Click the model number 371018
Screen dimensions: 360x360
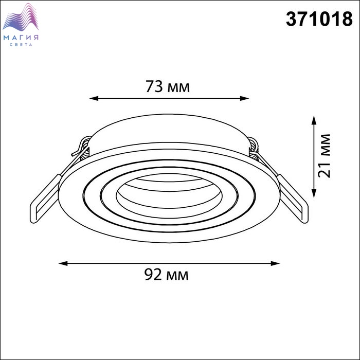(x=319, y=19)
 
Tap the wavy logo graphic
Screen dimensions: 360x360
(x=21, y=17)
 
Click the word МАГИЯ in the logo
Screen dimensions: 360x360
(x=21, y=38)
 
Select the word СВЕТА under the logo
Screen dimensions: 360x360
(x=21, y=44)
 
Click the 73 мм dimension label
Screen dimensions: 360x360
(x=168, y=86)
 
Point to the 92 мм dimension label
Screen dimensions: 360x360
(x=167, y=274)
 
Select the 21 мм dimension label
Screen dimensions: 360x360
(x=324, y=156)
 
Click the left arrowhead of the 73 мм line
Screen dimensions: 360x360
(x=94, y=99)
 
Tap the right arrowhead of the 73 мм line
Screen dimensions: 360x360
(x=244, y=99)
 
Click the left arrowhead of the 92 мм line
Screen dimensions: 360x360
(x=63, y=263)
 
